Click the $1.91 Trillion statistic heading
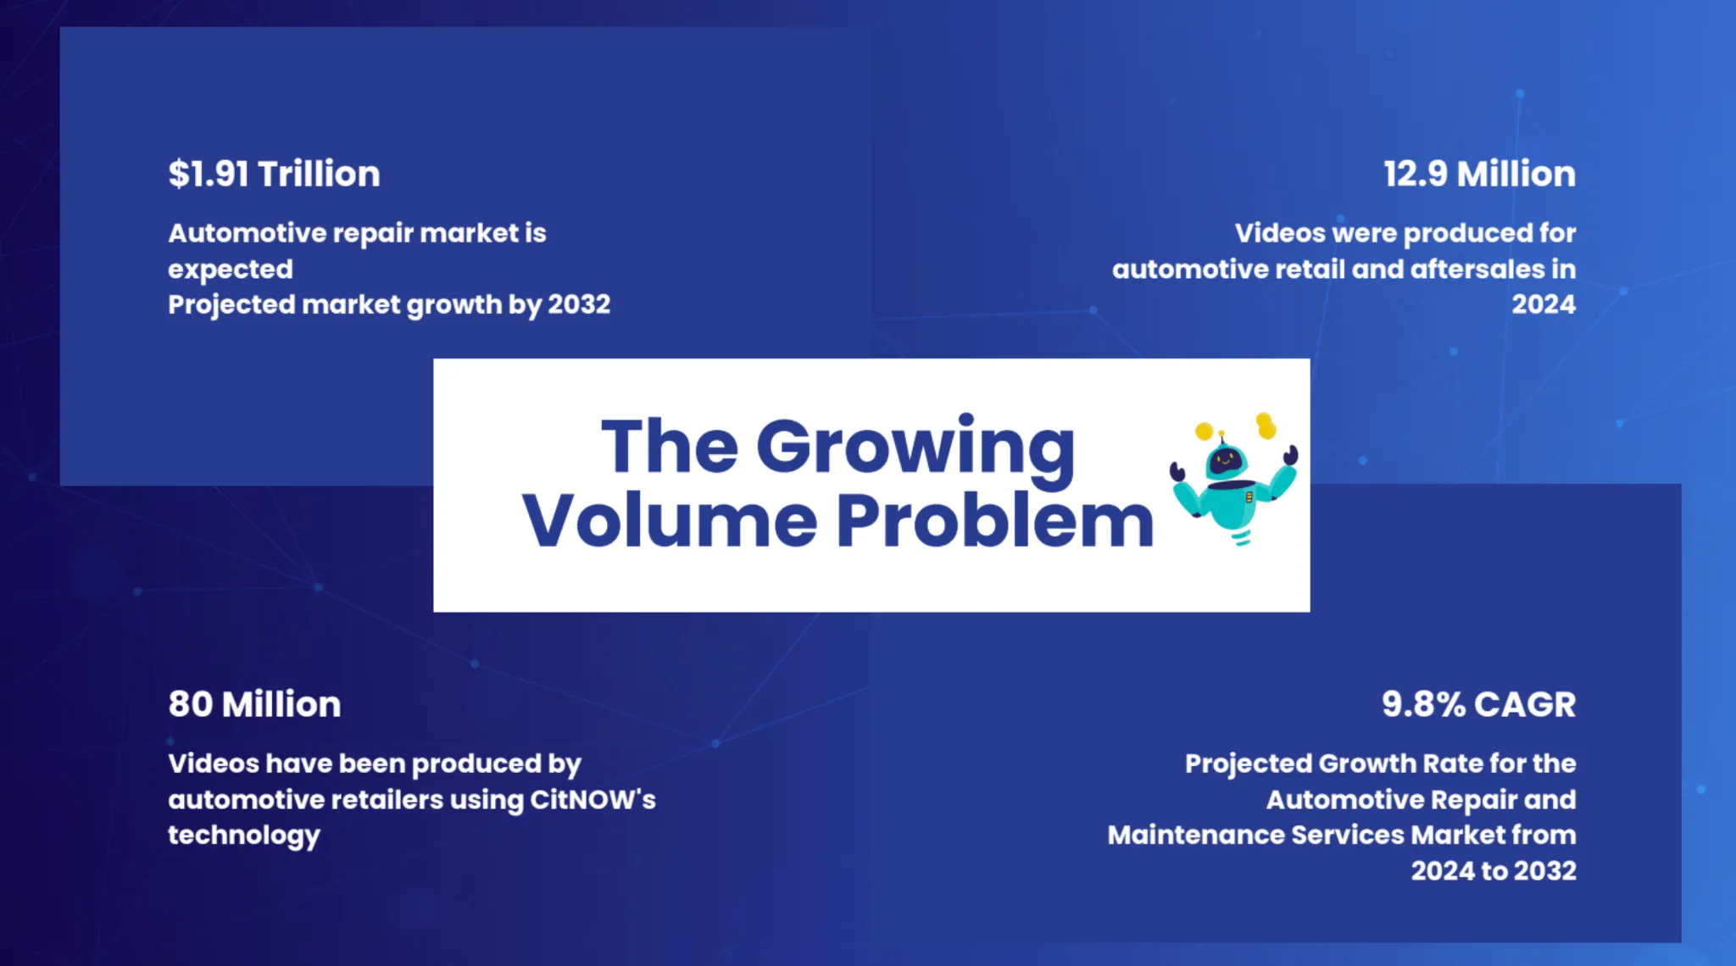pos(274,174)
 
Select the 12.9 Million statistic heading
pos(1479,174)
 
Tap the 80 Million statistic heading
pos(254,704)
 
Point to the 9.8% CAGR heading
pos(1478,704)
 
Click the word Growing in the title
pos(915,449)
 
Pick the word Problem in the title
pos(995,520)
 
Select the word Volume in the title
pos(670,520)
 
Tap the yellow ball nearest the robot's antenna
pos(1204,431)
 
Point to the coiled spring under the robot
pos(1241,537)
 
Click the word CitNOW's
pos(593,799)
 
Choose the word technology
pos(244,836)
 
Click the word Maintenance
pos(1196,835)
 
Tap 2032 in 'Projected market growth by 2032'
pos(579,304)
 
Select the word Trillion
pos(319,174)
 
